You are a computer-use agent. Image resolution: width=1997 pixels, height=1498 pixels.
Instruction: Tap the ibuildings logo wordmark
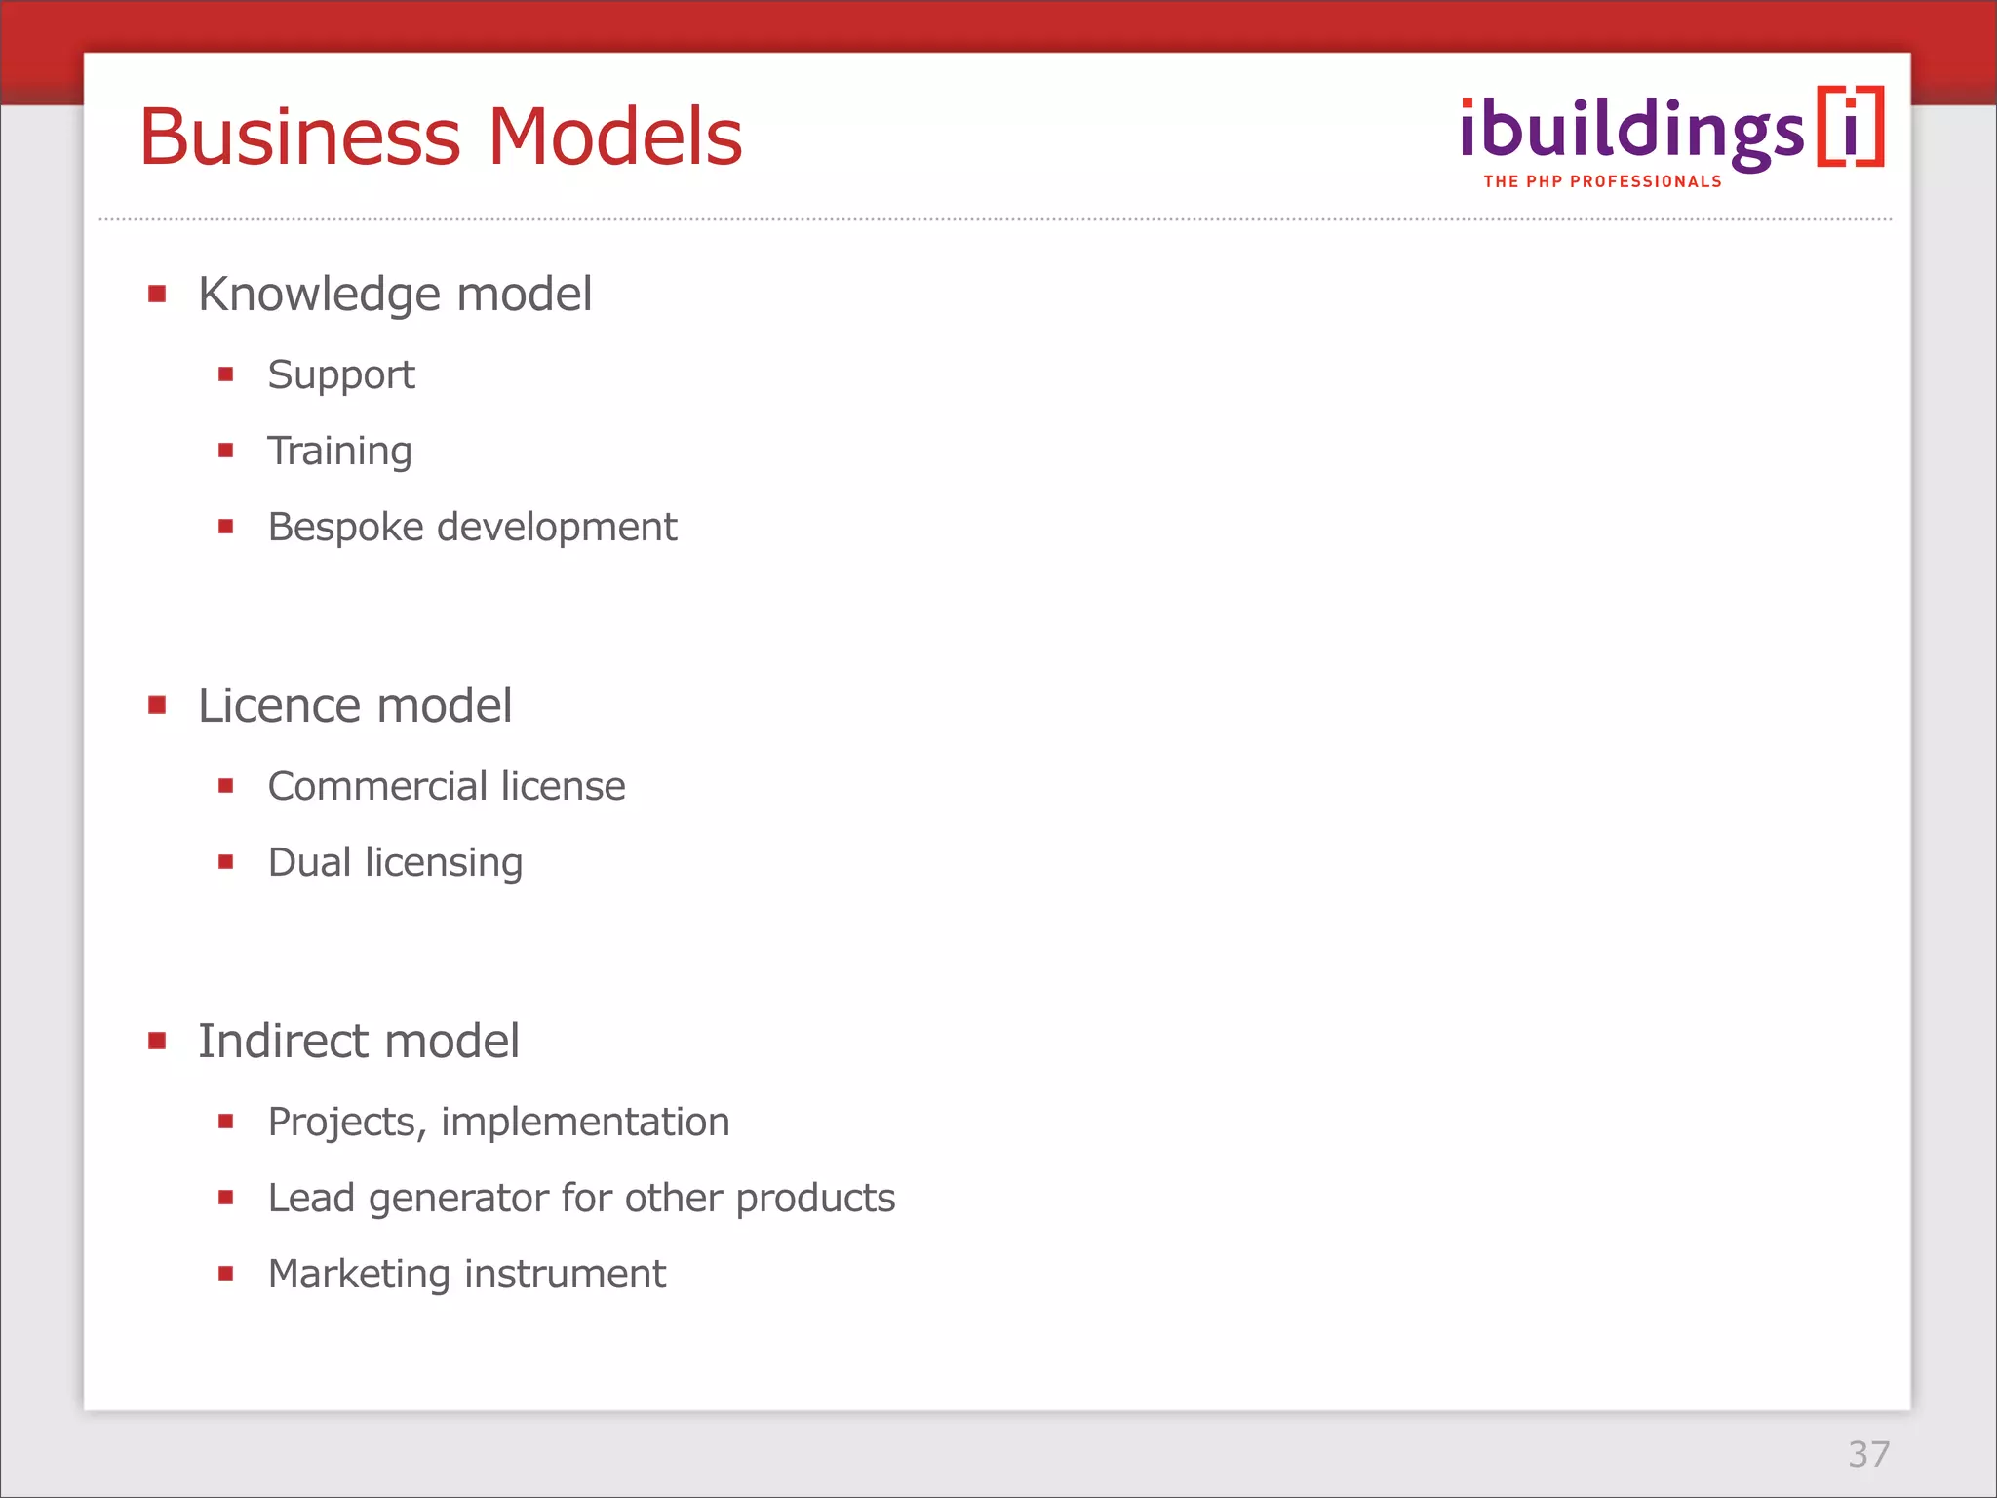[x=1631, y=132]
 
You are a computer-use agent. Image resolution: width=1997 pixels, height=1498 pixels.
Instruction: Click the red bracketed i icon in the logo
[x=1850, y=128]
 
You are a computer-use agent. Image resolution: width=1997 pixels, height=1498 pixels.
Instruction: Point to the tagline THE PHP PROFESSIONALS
[x=1602, y=181]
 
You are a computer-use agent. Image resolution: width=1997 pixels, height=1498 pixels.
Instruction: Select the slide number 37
[x=1868, y=1454]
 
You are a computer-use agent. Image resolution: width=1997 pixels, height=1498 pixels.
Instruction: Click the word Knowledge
[x=319, y=295]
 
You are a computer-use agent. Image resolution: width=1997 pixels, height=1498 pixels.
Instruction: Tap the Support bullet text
[x=341, y=375]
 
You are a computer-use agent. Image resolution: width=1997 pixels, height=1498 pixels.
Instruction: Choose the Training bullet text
[x=339, y=452]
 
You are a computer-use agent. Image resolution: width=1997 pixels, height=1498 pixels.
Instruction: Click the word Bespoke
[x=345, y=528]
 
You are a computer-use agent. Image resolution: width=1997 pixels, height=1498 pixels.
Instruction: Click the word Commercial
[x=377, y=786]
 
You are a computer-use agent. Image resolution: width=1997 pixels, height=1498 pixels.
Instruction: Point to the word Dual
[x=308, y=862]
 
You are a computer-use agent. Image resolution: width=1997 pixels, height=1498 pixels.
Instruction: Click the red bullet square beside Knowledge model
[x=157, y=294]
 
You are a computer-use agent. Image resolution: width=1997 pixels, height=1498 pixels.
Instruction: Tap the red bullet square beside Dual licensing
[x=226, y=861]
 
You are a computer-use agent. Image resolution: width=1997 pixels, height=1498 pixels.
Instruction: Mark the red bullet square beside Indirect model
[x=157, y=1041]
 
